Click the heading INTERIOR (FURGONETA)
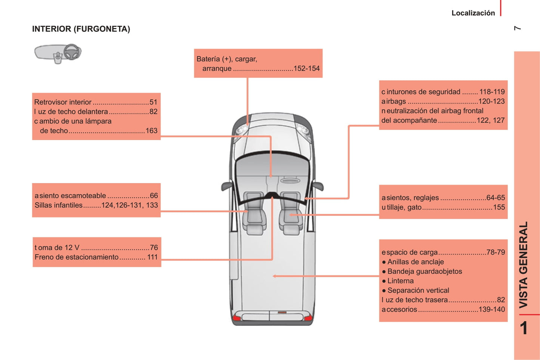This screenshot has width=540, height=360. (81, 29)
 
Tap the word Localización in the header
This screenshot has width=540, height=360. (473, 13)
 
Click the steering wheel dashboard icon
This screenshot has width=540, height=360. (58, 54)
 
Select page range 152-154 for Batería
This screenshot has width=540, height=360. (307, 68)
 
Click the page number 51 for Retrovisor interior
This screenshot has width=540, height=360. (153, 102)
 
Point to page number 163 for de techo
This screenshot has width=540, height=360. (151, 131)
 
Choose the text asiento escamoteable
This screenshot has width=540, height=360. (70, 195)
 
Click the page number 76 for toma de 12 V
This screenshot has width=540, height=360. (154, 248)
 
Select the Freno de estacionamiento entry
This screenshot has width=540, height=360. (77, 257)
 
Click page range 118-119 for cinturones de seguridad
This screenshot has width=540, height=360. (492, 92)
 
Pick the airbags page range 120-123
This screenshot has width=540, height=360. (491, 101)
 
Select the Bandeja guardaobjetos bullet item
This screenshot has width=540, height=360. (422, 271)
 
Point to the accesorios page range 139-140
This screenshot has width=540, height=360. (492, 309)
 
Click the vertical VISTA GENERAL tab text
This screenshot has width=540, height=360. (523, 265)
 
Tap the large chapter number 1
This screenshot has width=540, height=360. (524, 328)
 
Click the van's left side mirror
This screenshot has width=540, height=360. (227, 186)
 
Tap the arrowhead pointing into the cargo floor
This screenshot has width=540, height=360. (274, 276)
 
